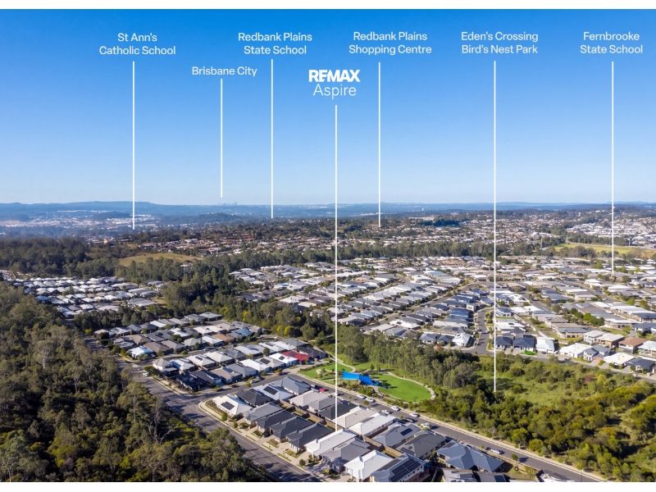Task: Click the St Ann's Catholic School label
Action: pos(137,44)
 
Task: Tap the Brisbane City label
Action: pos(224,71)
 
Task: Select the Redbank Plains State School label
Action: pos(275,43)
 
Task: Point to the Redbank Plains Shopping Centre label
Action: pos(390,43)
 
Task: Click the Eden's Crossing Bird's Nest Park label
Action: pos(499,43)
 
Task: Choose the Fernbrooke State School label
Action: pos(611,43)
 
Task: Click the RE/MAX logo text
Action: pos(335,75)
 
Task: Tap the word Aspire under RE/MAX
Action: pos(335,90)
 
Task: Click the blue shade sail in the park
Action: pos(359,378)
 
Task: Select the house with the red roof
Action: pos(297,357)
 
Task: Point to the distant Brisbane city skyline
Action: pos(227,203)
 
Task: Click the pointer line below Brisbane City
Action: pos(221,139)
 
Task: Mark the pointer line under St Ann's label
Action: pos(134,145)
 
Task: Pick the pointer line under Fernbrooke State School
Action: pos(613,167)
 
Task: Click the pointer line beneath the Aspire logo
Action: pos(335,268)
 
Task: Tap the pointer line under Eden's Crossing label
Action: pos(494,226)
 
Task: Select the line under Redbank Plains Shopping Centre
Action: pos(380,145)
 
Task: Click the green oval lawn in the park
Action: pos(403,387)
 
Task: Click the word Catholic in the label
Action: pos(116,51)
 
